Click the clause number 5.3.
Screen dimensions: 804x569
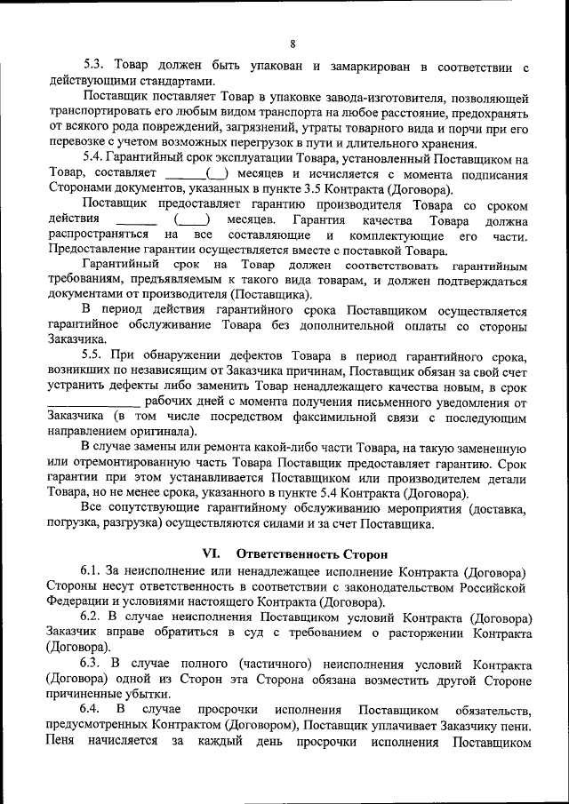[95, 67]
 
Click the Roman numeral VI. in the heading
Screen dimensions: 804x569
[211, 553]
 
